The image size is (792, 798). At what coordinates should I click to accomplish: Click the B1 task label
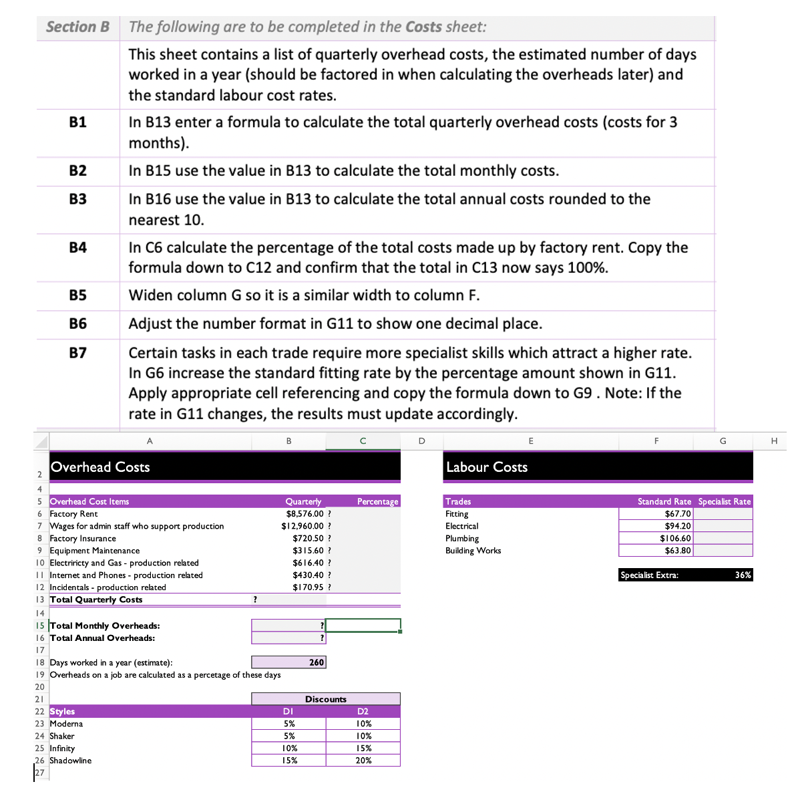77,122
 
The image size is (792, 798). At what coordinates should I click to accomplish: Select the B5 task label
77,295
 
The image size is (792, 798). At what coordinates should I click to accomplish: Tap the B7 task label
77,352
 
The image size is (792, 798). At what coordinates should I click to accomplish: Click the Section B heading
77,27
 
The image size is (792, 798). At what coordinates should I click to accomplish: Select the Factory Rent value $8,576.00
305,514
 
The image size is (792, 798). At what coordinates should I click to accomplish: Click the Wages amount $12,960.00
303,526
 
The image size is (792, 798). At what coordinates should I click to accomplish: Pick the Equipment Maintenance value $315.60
308,551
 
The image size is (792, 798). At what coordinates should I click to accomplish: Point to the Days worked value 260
317,662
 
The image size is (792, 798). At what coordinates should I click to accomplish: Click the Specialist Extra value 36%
743,575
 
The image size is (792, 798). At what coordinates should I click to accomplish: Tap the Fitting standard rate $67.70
678,514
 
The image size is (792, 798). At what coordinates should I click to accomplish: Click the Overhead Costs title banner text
100,467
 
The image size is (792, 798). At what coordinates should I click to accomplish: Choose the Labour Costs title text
487,467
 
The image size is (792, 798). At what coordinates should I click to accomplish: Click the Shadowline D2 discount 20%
363,761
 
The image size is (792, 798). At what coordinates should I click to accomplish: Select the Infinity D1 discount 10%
289,749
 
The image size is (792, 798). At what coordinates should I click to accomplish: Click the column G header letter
723,440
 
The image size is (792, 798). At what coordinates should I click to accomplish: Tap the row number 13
40,600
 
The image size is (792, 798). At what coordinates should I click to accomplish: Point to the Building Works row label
473,551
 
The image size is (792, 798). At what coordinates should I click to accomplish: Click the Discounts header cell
325,699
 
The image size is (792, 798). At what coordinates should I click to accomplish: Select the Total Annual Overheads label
102,638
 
